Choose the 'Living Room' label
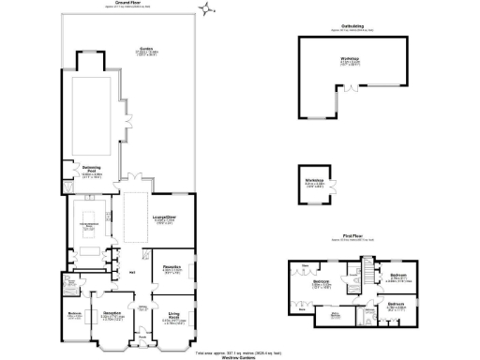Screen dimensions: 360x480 pos(173,315)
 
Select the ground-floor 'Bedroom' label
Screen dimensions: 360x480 pos(74,314)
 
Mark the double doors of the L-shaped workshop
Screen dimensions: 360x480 pos(349,93)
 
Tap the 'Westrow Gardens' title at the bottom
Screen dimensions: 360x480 pos(240,357)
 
